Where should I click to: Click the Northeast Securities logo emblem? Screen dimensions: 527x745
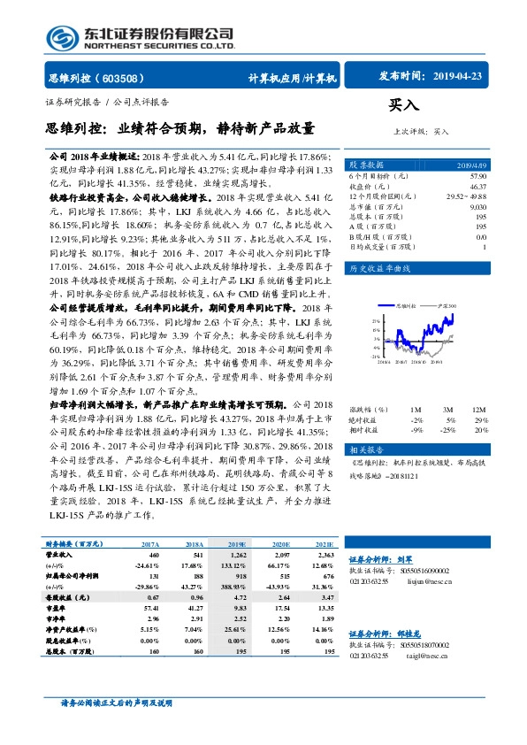coord(60,37)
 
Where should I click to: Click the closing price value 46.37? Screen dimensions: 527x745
coord(477,187)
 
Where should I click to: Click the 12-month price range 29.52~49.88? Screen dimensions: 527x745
coord(470,196)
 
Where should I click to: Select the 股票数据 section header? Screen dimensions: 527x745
coord(367,165)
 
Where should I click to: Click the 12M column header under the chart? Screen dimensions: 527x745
coord(478,410)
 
